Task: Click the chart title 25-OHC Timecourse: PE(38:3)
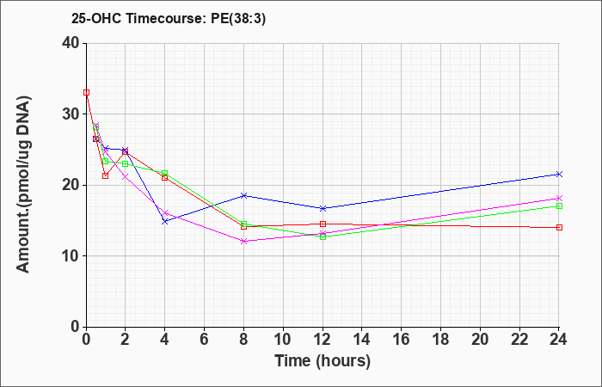[x=169, y=18]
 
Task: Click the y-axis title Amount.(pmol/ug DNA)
[x=23, y=185]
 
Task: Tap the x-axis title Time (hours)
[x=322, y=361]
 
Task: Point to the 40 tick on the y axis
[x=71, y=43]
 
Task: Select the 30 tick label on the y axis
[x=71, y=114]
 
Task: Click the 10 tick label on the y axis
[x=71, y=256]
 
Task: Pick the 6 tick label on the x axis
[x=205, y=340]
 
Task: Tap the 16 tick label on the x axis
[x=402, y=340]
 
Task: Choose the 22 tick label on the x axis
[x=519, y=340]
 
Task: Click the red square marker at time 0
[x=86, y=93]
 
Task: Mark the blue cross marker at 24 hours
[x=559, y=175]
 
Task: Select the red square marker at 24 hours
[x=559, y=228]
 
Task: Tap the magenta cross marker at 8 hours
[x=243, y=241]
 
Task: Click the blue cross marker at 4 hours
[x=165, y=222]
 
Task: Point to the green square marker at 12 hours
[x=322, y=236]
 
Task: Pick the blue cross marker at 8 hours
[x=243, y=195]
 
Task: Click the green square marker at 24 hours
[x=559, y=206]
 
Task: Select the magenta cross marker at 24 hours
[x=559, y=198]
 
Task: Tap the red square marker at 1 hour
[x=105, y=175]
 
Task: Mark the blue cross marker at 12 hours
[x=322, y=208]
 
